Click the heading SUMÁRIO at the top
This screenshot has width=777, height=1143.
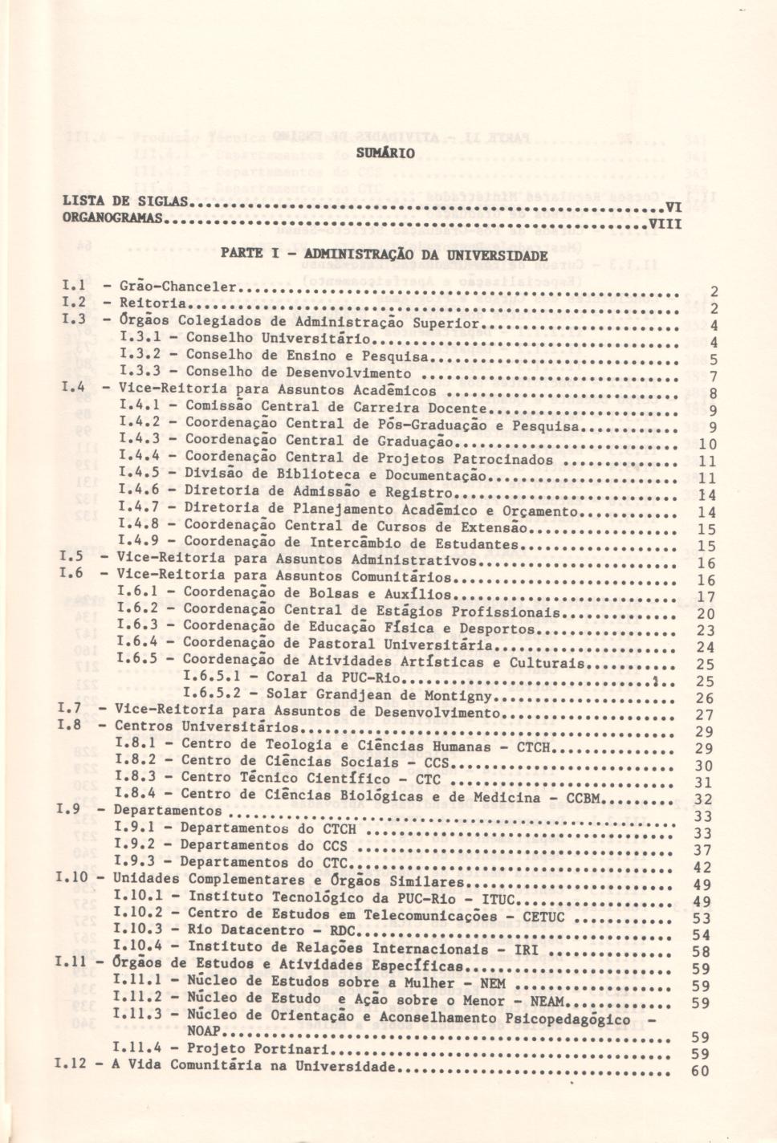click(386, 153)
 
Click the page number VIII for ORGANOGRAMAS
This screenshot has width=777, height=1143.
click(665, 224)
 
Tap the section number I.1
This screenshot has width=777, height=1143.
click(73, 286)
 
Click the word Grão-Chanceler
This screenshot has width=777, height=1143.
click(178, 287)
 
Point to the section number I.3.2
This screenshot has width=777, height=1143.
click(140, 354)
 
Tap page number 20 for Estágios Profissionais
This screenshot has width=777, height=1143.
click(706, 614)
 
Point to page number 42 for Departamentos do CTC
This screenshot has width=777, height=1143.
click(702, 868)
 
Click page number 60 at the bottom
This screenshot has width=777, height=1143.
click(700, 1071)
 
